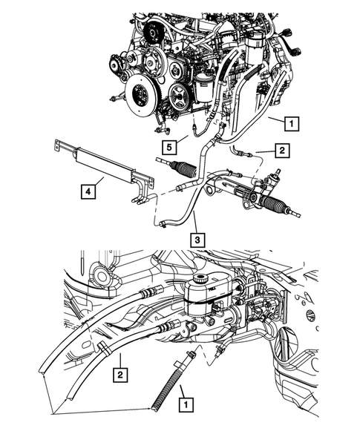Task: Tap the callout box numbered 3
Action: point(197,240)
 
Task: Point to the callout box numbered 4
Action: point(88,193)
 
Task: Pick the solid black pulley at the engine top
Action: point(155,33)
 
